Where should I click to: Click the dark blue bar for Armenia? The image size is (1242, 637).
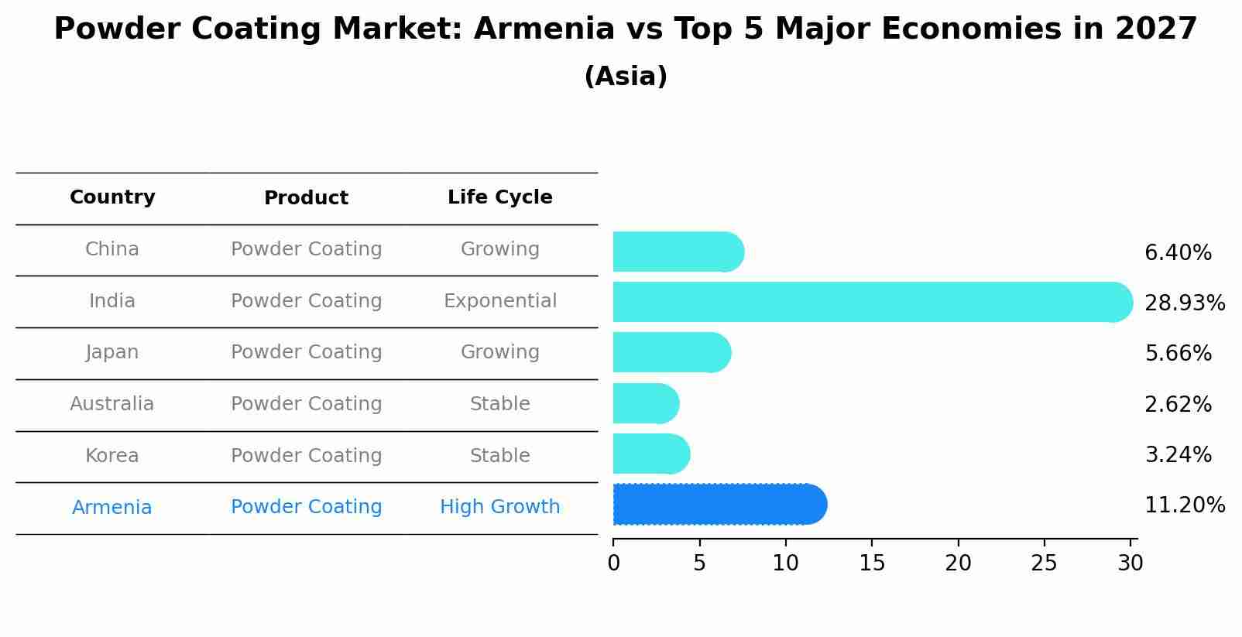(x=719, y=505)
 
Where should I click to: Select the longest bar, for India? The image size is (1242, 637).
(x=872, y=302)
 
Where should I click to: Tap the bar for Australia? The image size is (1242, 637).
(x=646, y=404)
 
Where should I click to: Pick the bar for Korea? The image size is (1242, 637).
(x=650, y=454)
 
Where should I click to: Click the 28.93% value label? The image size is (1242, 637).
(x=1184, y=303)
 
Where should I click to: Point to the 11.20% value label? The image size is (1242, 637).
(x=1184, y=505)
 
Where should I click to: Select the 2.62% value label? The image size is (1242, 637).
(x=1178, y=404)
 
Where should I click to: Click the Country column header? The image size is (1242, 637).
(x=112, y=197)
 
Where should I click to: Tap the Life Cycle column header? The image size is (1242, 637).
(x=499, y=197)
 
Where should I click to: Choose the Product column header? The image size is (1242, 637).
(x=306, y=198)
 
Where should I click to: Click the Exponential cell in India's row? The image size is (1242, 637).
(x=499, y=301)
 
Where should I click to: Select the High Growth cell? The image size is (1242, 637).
(x=499, y=507)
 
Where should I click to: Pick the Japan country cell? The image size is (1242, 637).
(x=112, y=352)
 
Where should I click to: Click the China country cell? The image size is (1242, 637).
(x=112, y=249)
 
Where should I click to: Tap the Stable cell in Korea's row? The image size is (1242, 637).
(x=499, y=456)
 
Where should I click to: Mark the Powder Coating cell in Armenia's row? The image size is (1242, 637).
(x=306, y=507)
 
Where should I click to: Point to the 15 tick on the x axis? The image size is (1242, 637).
(x=872, y=563)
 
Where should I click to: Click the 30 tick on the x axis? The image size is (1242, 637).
(x=1130, y=563)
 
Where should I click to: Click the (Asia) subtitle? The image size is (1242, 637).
(x=626, y=77)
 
